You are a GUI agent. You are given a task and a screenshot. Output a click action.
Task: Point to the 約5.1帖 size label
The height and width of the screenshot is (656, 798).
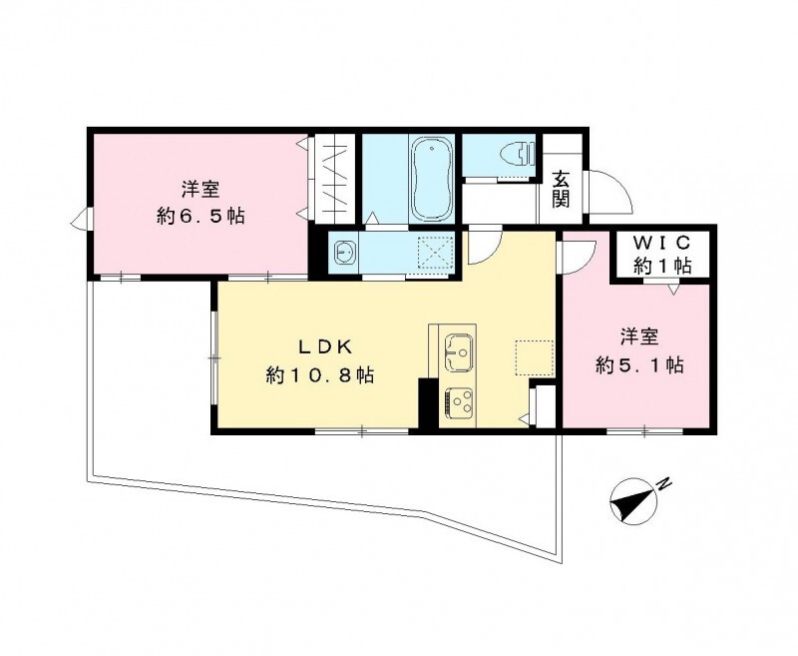(639, 365)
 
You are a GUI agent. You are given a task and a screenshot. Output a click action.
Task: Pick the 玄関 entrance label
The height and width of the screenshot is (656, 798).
(562, 189)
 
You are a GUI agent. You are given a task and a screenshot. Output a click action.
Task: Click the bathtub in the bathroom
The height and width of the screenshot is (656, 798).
(432, 179)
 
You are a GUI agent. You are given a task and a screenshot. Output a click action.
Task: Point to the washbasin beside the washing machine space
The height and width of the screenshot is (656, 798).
(344, 251)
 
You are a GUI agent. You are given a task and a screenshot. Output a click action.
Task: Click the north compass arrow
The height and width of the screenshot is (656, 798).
(631, 502)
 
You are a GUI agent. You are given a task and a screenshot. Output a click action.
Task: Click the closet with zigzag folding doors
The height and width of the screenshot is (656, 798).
(332, 181)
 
